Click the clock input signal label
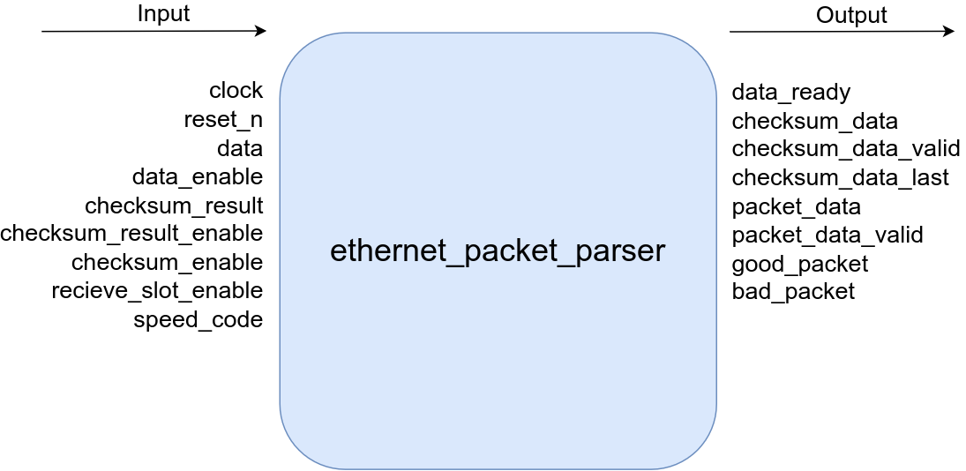[236, 91]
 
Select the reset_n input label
[223, 120]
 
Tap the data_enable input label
[197, 176]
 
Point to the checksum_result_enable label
[131, 234]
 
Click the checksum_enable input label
[167, 263]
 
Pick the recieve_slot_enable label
[157, 291]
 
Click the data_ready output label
[790, 93]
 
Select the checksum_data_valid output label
[845, 149]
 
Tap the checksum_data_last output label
[840, 178]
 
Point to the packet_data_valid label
[827, 235]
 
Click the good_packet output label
[799, 264]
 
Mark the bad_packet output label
[793, 292]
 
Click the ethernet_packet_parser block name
[497, 251]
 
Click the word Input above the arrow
[139, 14]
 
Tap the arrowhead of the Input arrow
[260, 32]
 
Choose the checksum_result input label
[174, 206]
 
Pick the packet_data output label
[796, 206]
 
